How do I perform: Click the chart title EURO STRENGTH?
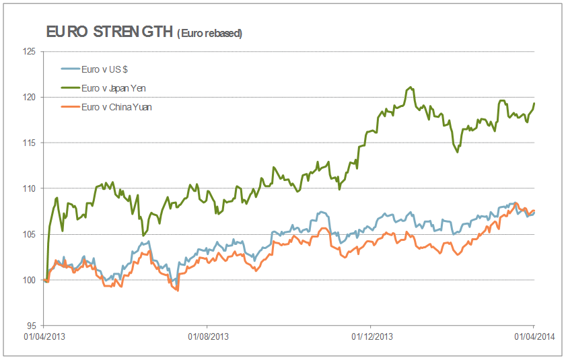[x=108, y=32]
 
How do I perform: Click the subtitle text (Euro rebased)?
[x=209, y=33]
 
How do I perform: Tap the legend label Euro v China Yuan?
[x=116, y=106]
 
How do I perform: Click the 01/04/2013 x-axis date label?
[x=44, y=336]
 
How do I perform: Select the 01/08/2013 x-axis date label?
[x=209, y=336]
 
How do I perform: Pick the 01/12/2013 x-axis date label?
[x=372, y=336]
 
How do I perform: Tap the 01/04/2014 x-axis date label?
[x=534, y=336]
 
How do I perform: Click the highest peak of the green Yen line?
[x=411, y=87]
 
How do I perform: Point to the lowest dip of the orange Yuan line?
[x=177, y=290]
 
